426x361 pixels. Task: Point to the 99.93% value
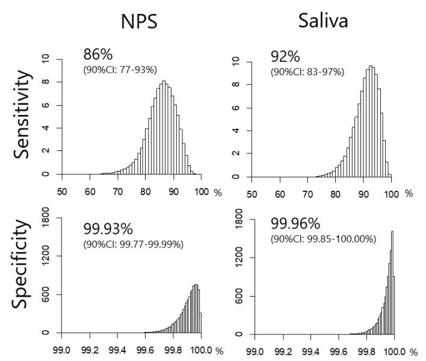point(108,229)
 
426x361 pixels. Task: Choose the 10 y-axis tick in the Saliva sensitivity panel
point(236,61)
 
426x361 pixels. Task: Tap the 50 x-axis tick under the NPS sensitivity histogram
point(62,191)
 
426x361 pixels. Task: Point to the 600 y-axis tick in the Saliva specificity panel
point(236,296)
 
